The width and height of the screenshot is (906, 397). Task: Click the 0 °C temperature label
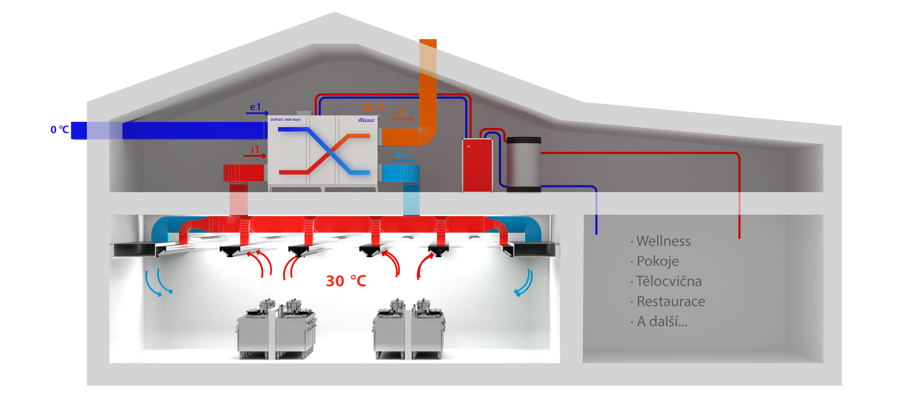[x=60, y=130]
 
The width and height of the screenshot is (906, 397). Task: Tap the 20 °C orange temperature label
[x=374, y=107]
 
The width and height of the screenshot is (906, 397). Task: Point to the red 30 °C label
[x=346, y=281]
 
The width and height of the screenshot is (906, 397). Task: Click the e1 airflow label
[x=256, y=107]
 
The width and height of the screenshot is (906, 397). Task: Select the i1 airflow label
[x=255, y=150]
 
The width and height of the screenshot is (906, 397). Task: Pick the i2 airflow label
[x=400, y=112]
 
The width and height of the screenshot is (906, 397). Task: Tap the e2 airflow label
[x=400, y=154]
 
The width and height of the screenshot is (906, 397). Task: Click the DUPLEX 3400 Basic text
[x=285, y=120]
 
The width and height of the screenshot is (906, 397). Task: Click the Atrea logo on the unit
[x=366, y=120]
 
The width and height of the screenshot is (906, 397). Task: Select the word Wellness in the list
[x=663, y=241]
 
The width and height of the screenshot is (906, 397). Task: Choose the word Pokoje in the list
[x=657, y=261]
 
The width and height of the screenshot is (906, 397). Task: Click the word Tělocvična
[x=668, y=282]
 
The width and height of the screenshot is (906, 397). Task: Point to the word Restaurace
[x=671, y=302]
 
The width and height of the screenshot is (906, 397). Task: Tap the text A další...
[x=661, y=322]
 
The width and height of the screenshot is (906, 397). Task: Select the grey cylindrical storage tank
[x=524, y=164]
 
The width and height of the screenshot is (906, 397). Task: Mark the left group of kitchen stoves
[x=276, y=329]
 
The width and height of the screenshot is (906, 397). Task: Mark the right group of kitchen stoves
[x=409, y=329]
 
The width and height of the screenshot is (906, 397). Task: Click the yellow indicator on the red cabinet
[x=468, y=146]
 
